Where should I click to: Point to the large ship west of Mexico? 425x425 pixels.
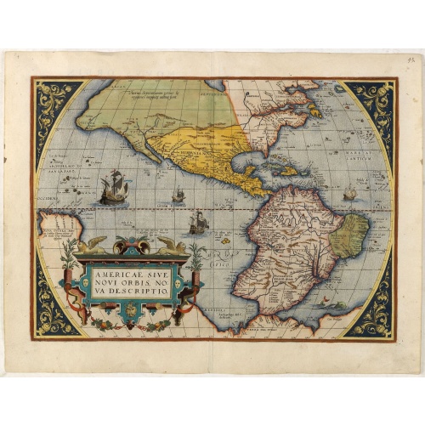[x=113, y=188]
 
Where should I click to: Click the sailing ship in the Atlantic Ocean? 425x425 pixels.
[x=349, y=195]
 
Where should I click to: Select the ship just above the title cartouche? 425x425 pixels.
[x=197, y=223]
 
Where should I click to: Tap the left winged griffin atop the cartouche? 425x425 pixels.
[x=92, y=245]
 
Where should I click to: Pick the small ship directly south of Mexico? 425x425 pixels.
[x=178, y=196]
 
